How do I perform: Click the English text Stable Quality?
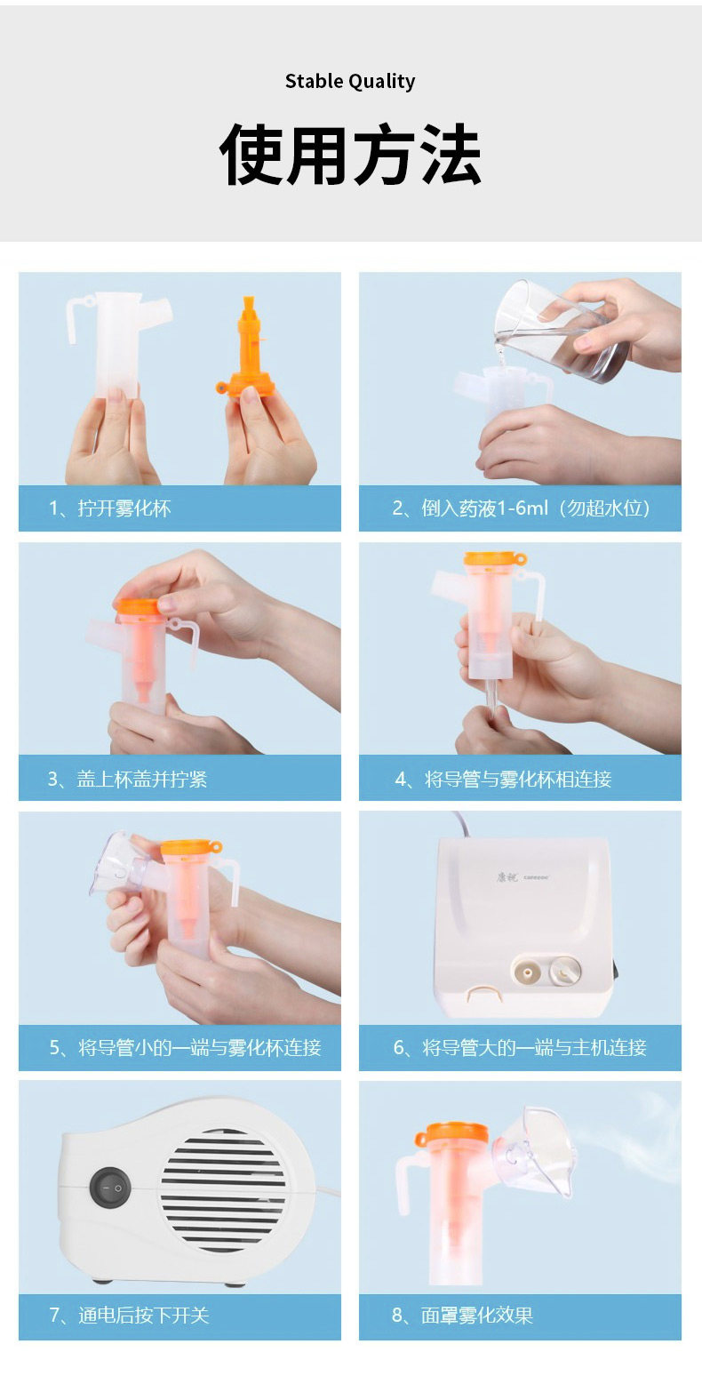[x=350, y=82]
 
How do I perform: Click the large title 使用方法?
[x=350, y=154]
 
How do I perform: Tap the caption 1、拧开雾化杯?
[x=110, y=508]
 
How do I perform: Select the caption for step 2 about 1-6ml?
[x=521, y=508]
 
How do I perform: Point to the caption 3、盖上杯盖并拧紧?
[x=128, y=779]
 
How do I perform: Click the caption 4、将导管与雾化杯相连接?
[x=504, y=779]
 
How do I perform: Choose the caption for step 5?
[x=186, y=1047]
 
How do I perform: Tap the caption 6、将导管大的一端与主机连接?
[x=520, y=1047]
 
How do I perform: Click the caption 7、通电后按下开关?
[x=129, y=1316]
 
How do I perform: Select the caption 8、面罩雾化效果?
[x=462, y=1316]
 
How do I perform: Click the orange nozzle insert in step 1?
[x=248, y=348]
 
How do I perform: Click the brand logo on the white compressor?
[x=523, y=876]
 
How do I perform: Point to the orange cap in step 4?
[x=495, y=559]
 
